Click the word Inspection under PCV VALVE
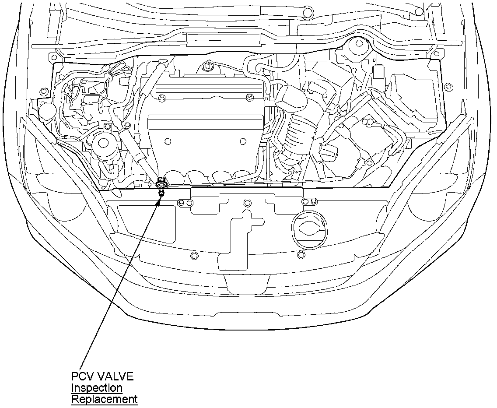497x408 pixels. coord(97,388)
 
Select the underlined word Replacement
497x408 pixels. coord(104,399)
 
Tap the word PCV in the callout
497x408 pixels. coord(82,376)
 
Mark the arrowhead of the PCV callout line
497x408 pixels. coord(161,195)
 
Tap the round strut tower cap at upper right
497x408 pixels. coord(358,44)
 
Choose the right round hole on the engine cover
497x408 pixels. coord(243,141)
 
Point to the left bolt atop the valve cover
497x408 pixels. coord(161,97)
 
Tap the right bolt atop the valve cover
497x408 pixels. coord(250,97)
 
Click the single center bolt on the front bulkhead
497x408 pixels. coord(247,203)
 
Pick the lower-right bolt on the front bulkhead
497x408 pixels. coord(300,254)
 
